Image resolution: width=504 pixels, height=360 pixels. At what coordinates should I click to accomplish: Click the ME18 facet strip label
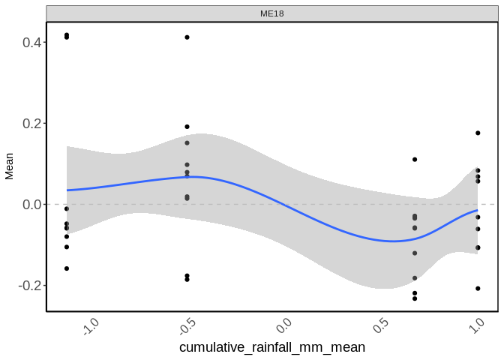tap(272, 13)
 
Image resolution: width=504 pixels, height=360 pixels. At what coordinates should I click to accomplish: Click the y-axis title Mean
tap(10, 166)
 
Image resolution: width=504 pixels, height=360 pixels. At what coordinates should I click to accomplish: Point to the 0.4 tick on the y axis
tap(31, 42)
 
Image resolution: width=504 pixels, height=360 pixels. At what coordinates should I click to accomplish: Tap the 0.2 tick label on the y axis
tap(31, 123)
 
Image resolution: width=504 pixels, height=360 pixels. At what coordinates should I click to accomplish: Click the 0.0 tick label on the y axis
tap(31, 204)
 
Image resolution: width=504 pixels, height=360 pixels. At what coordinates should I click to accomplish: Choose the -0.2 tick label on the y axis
tap(28, 286)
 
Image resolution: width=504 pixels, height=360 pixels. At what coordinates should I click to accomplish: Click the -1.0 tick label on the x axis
tap(91, 328)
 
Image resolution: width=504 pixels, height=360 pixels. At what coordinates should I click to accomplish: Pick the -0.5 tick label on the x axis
tap(187, 328)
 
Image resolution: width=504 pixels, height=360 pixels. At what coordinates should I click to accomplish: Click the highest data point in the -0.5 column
tap(187, 37)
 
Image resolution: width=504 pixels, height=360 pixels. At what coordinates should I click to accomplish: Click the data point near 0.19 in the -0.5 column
tap(187, 127)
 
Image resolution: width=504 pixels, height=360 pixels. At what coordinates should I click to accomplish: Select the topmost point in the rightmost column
tap(478, 133)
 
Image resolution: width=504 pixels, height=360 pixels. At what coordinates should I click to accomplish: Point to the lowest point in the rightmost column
tap(478, 289)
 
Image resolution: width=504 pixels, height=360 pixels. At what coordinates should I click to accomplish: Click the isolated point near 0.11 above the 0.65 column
tap(415, 160)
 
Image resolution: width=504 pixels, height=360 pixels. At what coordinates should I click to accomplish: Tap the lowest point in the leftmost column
tap(67, 268)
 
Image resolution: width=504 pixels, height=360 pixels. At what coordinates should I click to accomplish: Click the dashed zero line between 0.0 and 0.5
tap(330, 204)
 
